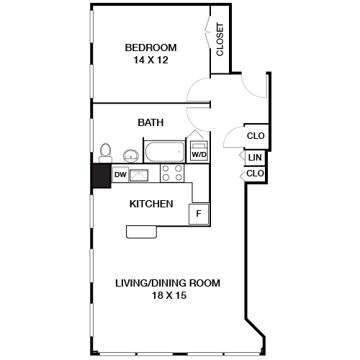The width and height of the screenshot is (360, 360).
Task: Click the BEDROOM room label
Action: tap(150, 48)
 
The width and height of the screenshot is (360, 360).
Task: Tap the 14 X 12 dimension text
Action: tap(150, 60)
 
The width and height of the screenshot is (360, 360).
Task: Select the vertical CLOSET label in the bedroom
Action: tap(220, 40)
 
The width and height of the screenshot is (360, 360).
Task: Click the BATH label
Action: tap(150, 122)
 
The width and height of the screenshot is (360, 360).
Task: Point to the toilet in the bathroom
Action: tap(105, 153)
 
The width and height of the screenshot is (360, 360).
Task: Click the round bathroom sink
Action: tap(131, 155)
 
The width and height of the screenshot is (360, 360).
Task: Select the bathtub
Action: tap(164, 153)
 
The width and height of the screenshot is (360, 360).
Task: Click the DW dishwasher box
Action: tap(120, 174)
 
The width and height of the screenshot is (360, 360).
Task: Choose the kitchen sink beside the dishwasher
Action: tap(140, 174)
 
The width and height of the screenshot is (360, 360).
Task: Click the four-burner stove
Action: tap(172, 173)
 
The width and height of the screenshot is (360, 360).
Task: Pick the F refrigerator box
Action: tap(199, 213)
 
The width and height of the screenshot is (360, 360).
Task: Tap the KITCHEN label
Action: tap(150, 204)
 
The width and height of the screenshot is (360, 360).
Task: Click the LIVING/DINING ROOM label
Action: tap(168, 283)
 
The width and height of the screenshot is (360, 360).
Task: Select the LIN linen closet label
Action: tap(254, 158)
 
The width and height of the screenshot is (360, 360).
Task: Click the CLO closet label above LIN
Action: tap(256, 135)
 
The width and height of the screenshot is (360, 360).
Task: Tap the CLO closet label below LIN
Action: tap(256, 174)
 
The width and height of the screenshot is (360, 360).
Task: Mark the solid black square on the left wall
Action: tap(100, 175)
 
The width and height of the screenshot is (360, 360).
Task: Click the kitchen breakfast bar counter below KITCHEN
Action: tap(143, 230)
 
